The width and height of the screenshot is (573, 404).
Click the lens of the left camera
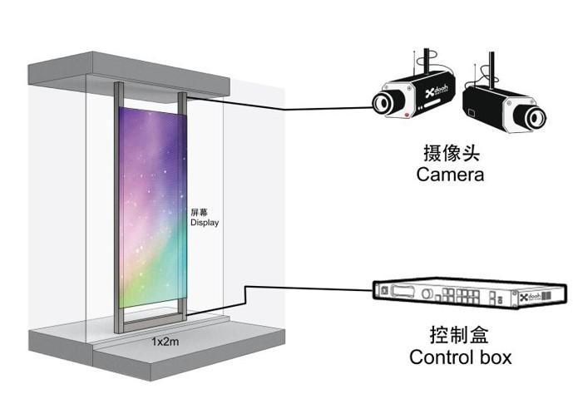pyautogui.click(x=383, y=101)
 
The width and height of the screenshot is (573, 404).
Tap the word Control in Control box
pyautogui.click(x=441, y=358)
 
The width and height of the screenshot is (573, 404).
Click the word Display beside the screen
pyautogui.click(x=205, y=223)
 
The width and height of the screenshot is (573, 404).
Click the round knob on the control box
pyautogui.click(x=427, y=293)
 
